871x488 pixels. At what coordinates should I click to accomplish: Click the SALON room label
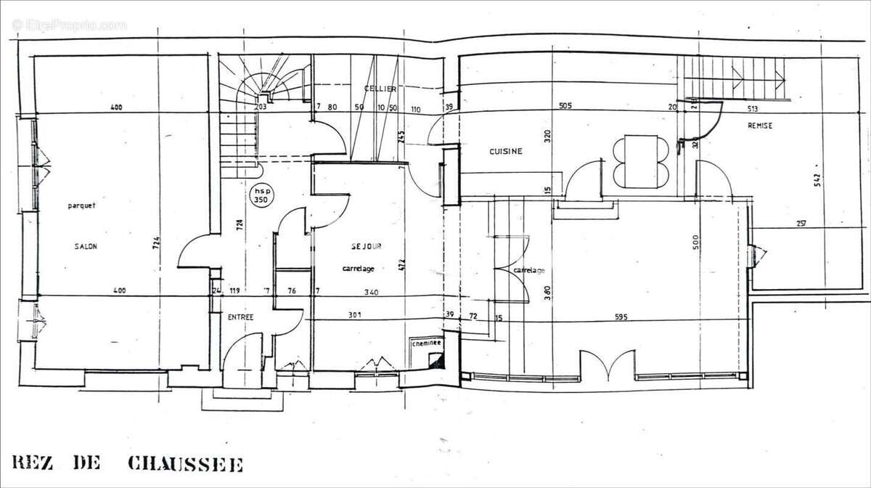(x=86, y=246)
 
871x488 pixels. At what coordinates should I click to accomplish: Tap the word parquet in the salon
(x=82, y=205)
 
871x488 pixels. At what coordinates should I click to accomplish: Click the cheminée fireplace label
(x=424, y=345)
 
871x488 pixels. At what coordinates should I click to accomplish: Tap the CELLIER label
(x=380, y=89)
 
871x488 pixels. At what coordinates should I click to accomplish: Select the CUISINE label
(x=506, y=152)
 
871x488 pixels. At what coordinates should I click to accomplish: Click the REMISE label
(x=759, y=126)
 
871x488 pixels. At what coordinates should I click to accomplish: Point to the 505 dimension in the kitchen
(x=565, y=106)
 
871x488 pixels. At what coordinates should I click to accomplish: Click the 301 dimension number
(x=354, y=315)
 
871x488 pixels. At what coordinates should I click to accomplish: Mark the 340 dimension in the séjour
(x=371, y=292)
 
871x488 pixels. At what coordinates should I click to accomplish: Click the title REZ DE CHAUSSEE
(x=128, y=464)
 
